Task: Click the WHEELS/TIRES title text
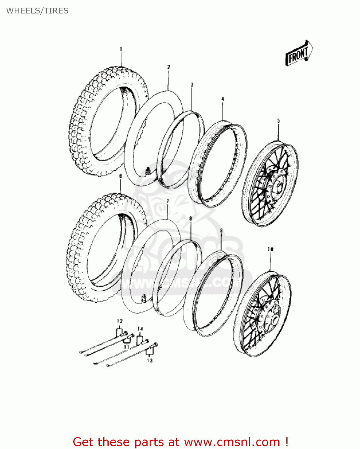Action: [x=37, y=11]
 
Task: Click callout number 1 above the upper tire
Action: [x=121, y=49]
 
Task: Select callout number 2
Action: [x=168, y=67]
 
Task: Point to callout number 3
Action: [x=192, y=85]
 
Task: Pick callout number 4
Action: [x=223, y=99]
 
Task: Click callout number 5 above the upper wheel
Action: [x=278, y=121]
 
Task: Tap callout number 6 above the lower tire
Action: [x=121, y=176]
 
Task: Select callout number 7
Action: [x=168, y=201]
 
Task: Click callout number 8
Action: [x=191, y=219]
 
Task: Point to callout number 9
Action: [x=221, y=230]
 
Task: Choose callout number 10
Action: [x=270, y=249]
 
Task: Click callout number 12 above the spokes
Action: [x=119, y=321]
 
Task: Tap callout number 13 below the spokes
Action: [x=150, y=360]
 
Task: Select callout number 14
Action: [x=140, y=329]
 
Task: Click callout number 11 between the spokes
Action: [x=126, y=347]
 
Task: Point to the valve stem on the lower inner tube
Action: [x=144, y=298]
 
